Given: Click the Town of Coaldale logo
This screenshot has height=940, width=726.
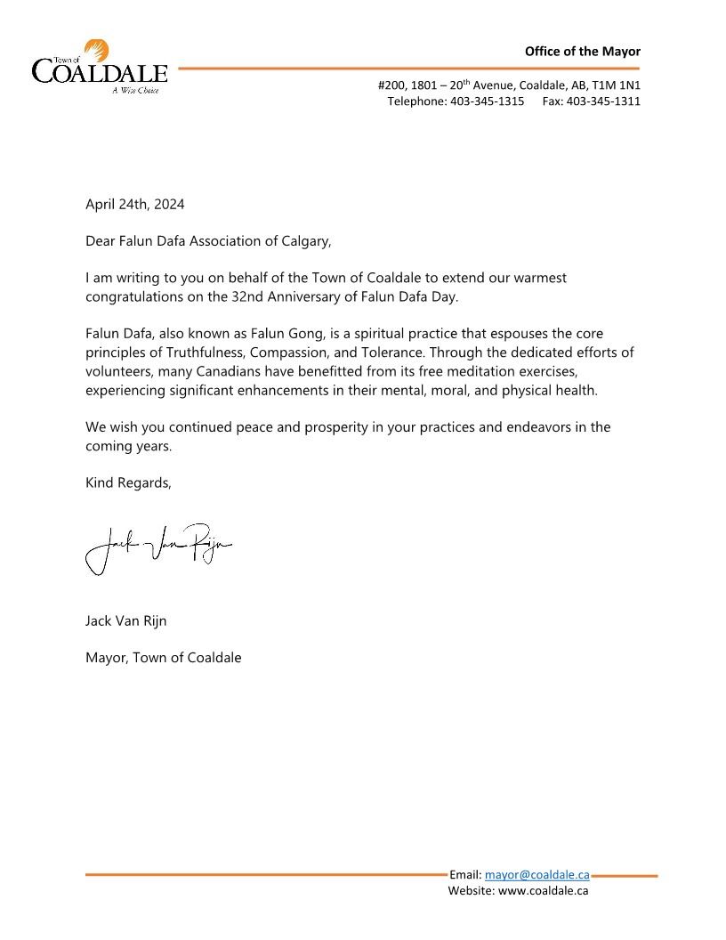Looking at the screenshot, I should coord(100,67).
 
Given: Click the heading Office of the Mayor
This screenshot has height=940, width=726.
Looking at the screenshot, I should coord(582,52).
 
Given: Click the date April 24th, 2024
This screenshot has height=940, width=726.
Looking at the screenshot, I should coord(135,204).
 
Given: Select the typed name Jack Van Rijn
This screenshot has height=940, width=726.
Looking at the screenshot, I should coord(125,620).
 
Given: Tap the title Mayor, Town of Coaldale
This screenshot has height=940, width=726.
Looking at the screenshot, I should coord(163,658).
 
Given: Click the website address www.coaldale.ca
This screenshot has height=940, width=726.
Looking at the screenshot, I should coord(544,890).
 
